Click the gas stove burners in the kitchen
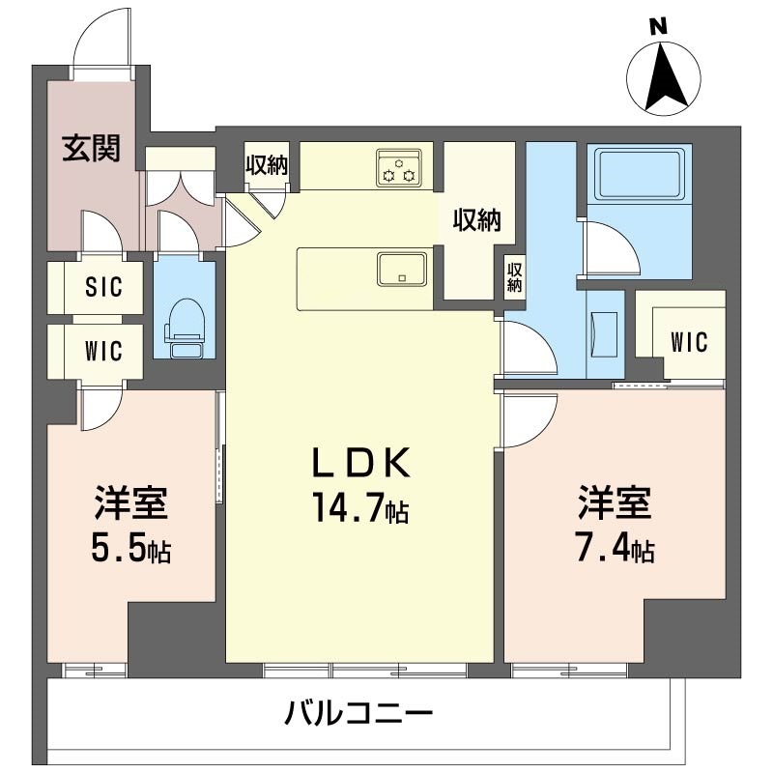(x=399, y=167)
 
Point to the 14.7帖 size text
(x=360, y=507)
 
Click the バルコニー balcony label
(x=358, y=716)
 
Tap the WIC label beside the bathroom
(x=689, y=342)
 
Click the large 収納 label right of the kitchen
(x=476, y=221)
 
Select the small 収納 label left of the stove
(x=266, y=165)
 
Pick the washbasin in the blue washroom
(x=607, y=334)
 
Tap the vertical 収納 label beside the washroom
(x=515, y=276)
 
